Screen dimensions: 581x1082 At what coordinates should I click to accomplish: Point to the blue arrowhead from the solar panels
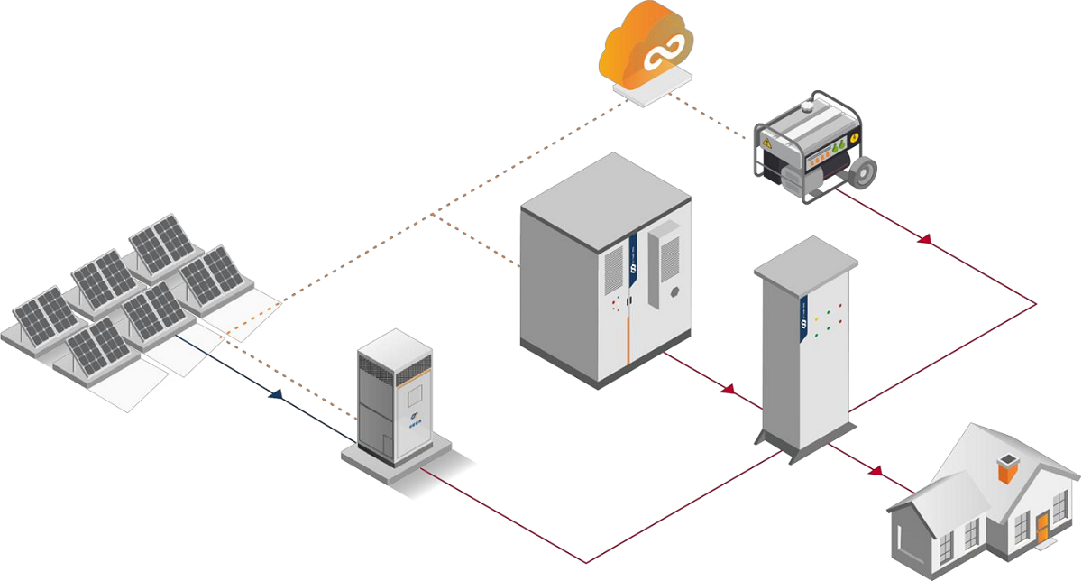[x=276, y=394]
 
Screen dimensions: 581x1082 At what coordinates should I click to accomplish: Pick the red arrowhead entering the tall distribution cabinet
[x=729, y=389]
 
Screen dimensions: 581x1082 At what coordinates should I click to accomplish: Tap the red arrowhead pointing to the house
[x=874, y=469]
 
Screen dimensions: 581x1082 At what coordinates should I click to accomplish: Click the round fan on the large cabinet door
[x=674, y=293]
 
